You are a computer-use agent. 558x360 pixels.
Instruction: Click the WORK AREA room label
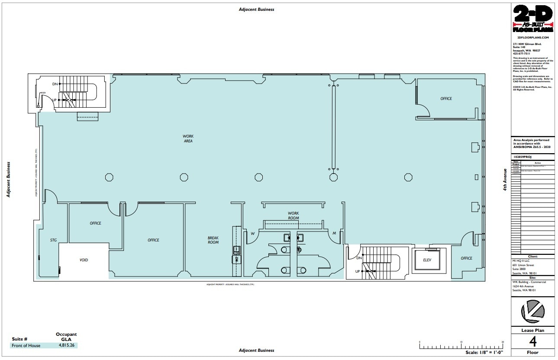pyautogui.click(x=188, y=138)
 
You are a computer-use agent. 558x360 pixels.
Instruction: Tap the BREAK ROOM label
pyautogui.click(x=213, y=240)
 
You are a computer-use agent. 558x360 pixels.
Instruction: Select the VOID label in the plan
pyautogui.click(x=84, y=260)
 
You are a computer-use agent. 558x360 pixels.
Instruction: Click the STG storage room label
pyautogui.click(x=53, y=240)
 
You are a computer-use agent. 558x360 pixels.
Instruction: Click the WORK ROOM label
pyautogui.click(x=294, y=215)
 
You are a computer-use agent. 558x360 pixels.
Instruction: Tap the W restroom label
pyautogui.click(x=252, y=234)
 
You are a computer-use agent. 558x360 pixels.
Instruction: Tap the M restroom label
pyautogui.click(x=334, y=234)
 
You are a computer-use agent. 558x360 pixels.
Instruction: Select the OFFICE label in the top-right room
pyautogui.click(x=446, y=99)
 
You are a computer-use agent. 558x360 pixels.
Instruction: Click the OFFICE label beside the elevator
pyautogui.click(x=466, y=258)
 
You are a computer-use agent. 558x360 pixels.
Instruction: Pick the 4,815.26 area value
pyautogui.click(x=66, y=345)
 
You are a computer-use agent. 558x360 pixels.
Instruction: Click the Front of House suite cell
pyautogui.click(x=26, y=345)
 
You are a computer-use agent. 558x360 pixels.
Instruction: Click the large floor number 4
pyautogui.click(x=532, y=342)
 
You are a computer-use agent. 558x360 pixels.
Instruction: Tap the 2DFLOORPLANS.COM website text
pyautogui.click(x=532, y=38)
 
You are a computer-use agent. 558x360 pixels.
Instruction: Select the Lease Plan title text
pyautogui.click(x=532, y=331)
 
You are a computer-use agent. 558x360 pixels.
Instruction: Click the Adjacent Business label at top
pyautogui.click(x=256, y=10)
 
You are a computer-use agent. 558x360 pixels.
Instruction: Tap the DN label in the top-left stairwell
pyautogui.click(x=55, y=84)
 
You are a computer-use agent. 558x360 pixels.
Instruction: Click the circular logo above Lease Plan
pyautogui.click(x=532, y=312)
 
